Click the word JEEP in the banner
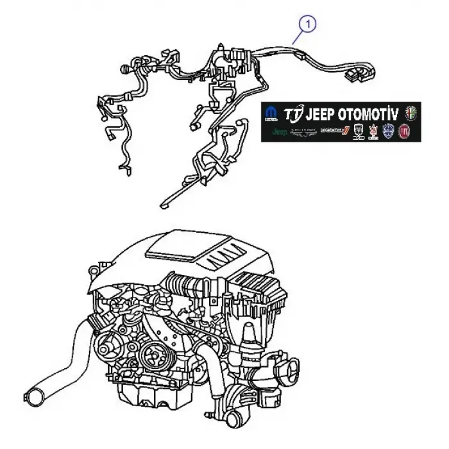point(321,114)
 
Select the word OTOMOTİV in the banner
point(370,114)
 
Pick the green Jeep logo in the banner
point(280,132)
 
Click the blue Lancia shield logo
point(389,132)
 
